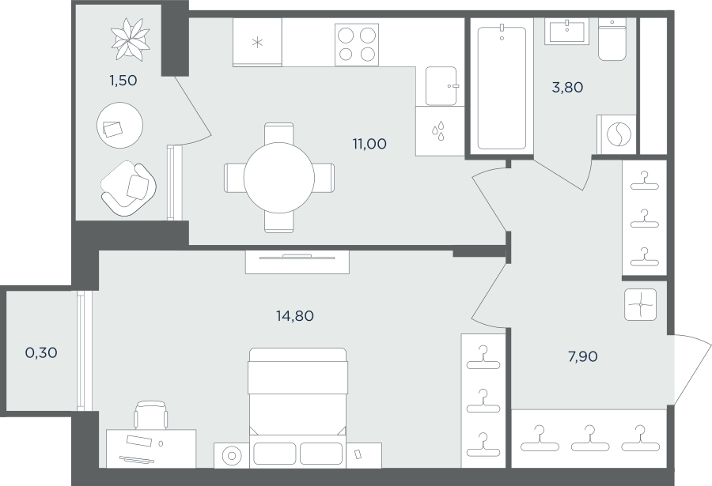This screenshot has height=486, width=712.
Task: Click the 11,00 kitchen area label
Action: (369, 144)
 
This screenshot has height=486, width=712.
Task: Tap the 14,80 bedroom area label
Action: (295, 315)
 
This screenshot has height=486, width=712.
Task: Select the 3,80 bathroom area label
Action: (567, 87)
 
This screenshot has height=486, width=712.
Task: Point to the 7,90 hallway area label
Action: (582, 356)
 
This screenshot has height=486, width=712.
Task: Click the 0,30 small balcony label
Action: (41, 352)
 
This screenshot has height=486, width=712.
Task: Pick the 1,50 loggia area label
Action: (123, 81)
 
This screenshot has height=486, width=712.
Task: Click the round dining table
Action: (279, 178)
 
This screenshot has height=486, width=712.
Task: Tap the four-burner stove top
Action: (357, 44)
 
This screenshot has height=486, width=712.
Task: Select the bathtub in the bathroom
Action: (502, 87)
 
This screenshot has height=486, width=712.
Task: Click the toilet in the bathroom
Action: (612, 40)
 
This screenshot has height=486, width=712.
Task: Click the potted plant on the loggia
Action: (131, 39)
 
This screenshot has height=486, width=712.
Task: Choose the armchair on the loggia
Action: (129, 188)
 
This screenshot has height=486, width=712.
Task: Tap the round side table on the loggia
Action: (120, 125)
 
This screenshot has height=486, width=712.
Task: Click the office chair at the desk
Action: (152, 415)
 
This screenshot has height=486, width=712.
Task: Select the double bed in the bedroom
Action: (297, 407)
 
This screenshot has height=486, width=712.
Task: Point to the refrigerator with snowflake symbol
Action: (257, 43)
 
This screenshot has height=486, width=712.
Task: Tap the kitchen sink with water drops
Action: (439, 130)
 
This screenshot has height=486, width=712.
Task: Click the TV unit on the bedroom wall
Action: (297, 262)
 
